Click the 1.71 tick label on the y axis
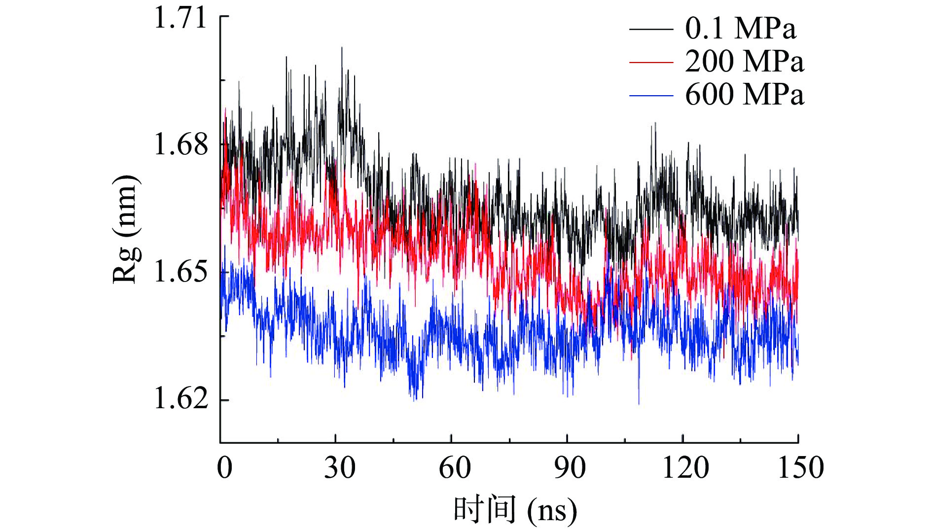180,19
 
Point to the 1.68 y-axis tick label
180,145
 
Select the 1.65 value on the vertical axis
180,272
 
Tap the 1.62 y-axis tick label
180,399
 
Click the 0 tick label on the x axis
224,467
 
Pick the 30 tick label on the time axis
339,467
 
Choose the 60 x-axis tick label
455,467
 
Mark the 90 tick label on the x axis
570,467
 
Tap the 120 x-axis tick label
685,467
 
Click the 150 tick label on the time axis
800,467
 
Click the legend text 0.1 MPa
740,29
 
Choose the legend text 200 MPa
744,62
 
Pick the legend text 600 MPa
744,94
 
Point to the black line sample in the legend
651,30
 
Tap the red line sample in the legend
651,63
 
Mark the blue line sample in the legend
651,95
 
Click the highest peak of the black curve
342,48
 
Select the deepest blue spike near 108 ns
639,403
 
